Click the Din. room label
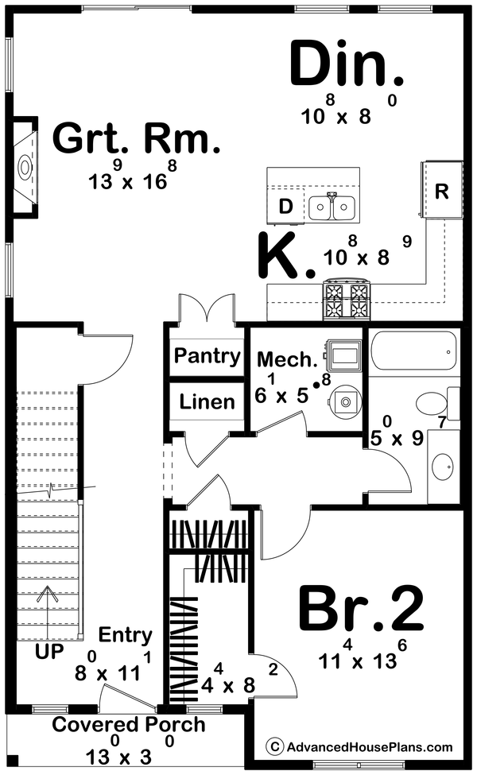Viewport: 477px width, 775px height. tap(347, 64)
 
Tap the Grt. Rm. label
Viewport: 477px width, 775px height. tap(136, 140)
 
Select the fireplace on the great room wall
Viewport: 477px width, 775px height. tap(25, 168)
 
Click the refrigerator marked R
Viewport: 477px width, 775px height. tap(442, 191)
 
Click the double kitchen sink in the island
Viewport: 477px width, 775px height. tap(332, 207)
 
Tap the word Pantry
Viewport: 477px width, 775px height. tap(207, 355)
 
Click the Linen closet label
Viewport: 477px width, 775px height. tap(207, 401)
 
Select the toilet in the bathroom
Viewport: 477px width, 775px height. tap(436, 403)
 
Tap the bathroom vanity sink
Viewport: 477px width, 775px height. tap(443, 463)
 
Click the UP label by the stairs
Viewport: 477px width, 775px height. tap(50, 652)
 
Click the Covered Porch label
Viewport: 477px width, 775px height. tap(129, 724)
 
